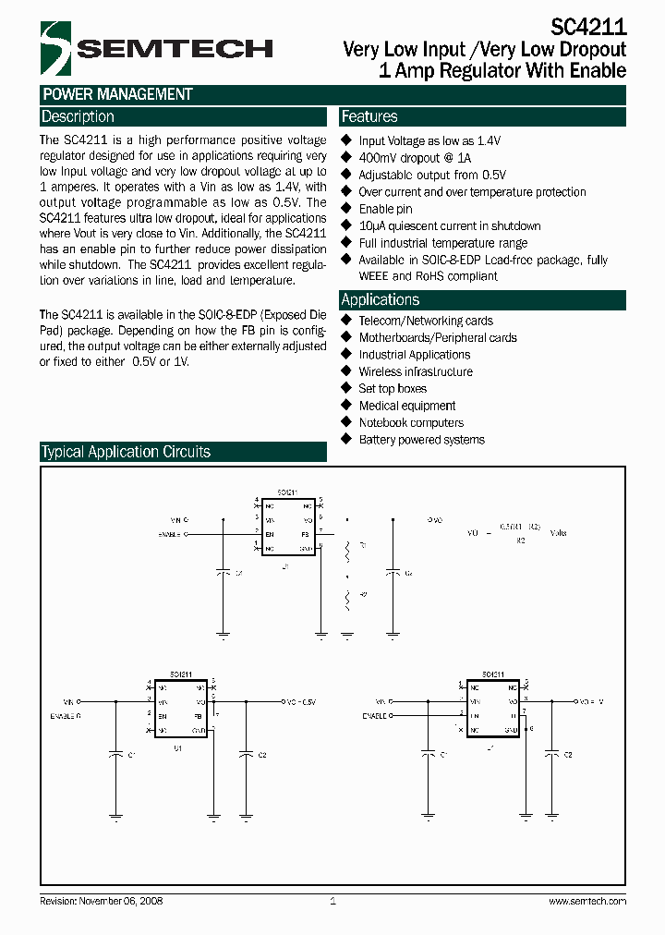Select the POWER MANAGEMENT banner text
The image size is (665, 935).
pyautogui.click(x=117, y=94)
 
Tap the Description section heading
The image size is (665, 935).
pyautogui.click(x=78, y=117)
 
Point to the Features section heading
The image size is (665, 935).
pyautogui.click(x=369, y=117)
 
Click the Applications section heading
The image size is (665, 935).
pyautogui.click(x=380, y=300)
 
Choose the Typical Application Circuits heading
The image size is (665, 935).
pyautogui.click(x=126, y=453)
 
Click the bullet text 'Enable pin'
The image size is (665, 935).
pyautogui.click(x=385, y=209)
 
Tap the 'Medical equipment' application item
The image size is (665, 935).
pyautogui.click(x=407, y=406)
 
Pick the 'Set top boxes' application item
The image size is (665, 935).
pyautogui.click(x=393, y=389)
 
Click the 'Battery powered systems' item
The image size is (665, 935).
pyautogui.click(x=421, y=440)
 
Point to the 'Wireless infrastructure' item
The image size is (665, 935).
pyautogui.click(x=416, y=371)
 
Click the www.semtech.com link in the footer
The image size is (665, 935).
pyautogui.click(x=587, y=901)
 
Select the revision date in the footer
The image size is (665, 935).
pyautogui.click(x=102, y=901)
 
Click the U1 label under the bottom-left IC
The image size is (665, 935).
pyautogui.click(x=177, y=747)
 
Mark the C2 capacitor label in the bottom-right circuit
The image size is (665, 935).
pyautogui.click(x=568, y=755)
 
